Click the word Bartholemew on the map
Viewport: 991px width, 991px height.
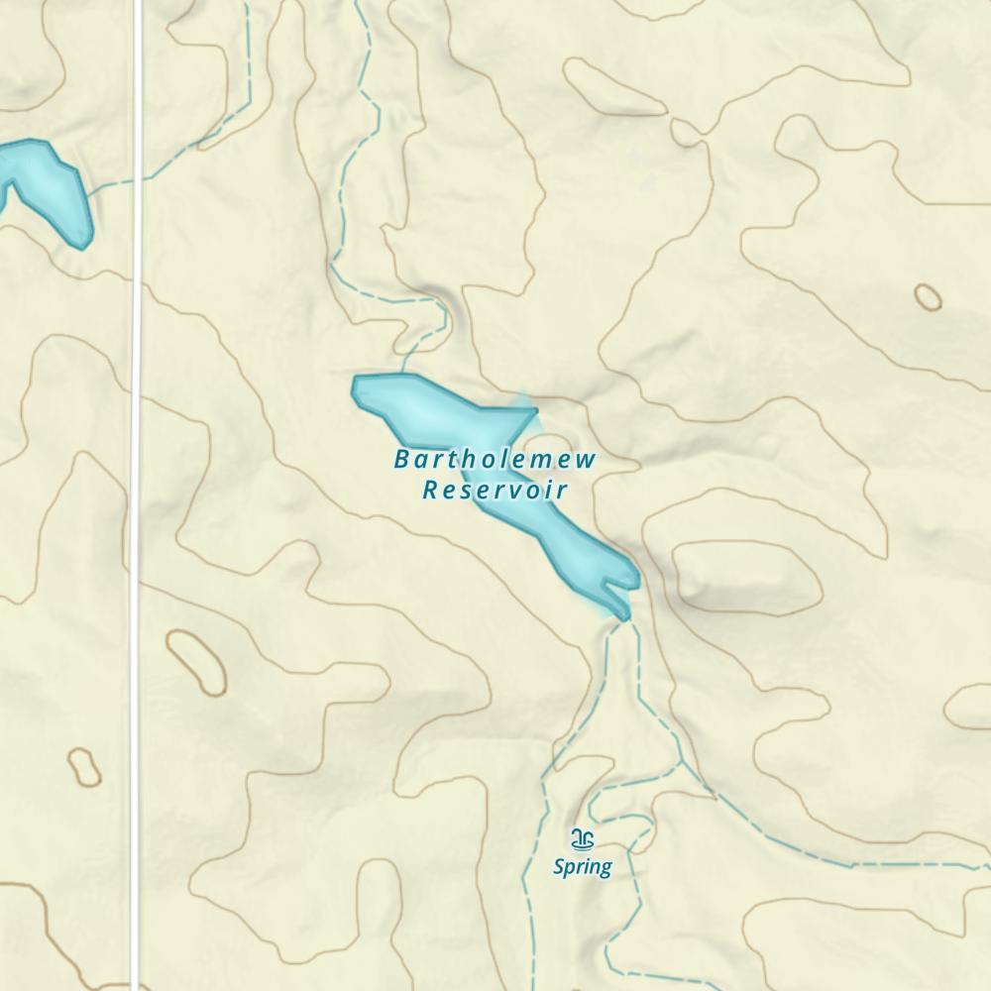[495, 459]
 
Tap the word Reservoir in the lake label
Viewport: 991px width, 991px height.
[495, 490]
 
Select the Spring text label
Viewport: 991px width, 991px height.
[582, 867]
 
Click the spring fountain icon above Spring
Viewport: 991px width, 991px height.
[584, 839]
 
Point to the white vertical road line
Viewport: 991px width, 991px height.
[138, 495]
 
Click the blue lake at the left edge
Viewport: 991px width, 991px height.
[45, 183]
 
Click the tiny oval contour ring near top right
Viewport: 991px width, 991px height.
[928, 296]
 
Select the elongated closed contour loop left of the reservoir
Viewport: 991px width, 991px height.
[196, 662]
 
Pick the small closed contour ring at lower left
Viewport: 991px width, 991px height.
[84, 766]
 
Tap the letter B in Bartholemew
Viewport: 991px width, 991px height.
[401, 459]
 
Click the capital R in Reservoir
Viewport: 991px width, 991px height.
[430, 490]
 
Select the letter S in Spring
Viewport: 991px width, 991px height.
[559, 867]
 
